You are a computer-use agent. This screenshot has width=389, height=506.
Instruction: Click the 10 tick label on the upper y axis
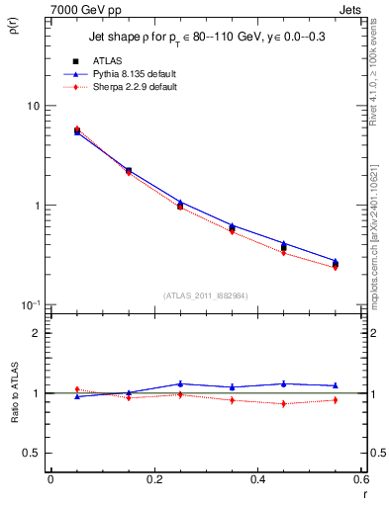[33, 107]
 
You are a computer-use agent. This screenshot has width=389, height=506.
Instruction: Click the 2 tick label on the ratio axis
[38, 333]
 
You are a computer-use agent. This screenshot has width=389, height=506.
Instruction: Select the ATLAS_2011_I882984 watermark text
[205, 295]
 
